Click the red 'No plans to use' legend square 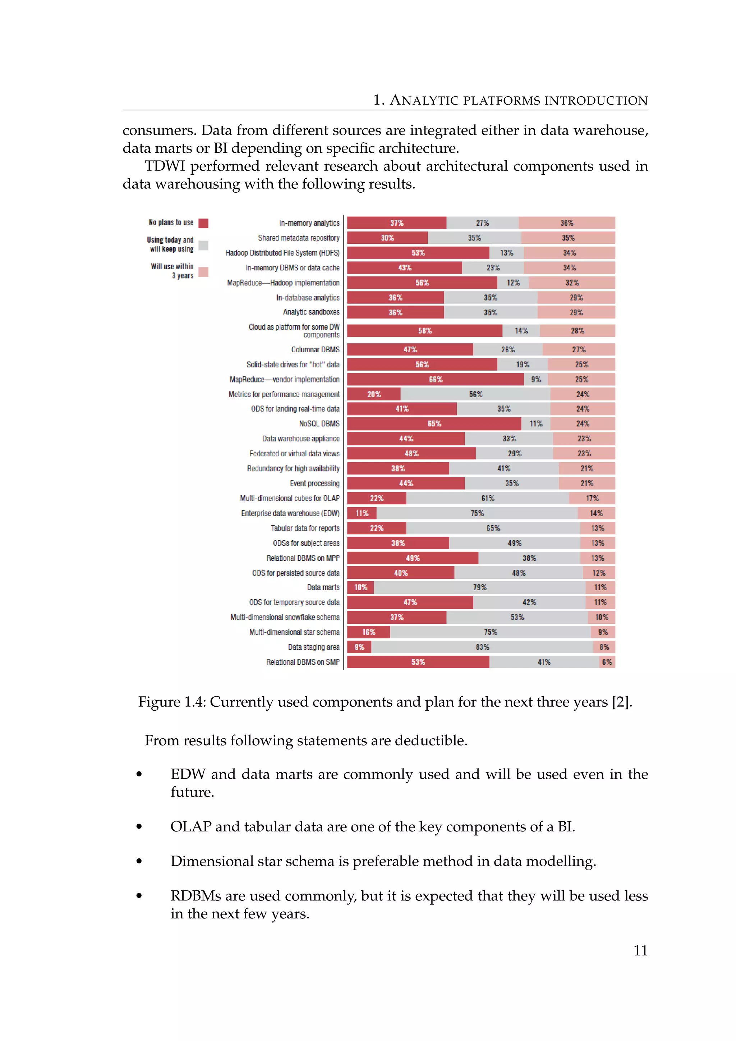[203, 223]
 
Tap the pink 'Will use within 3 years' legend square [203, 272]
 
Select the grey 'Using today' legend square [203, 245]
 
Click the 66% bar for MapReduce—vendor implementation [435, 380]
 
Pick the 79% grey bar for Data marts [479, 588]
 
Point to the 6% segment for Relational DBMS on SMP [607, 662]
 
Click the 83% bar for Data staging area [482, 647]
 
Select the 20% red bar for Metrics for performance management [374, 394]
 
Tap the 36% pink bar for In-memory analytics [566, 223]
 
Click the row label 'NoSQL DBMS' [319, 424]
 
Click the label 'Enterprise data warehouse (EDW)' [290, 513]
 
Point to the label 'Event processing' [314, 483]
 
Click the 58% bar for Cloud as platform [425, 331]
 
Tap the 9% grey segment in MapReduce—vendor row [536, 380]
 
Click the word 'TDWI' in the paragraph [165, 166]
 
